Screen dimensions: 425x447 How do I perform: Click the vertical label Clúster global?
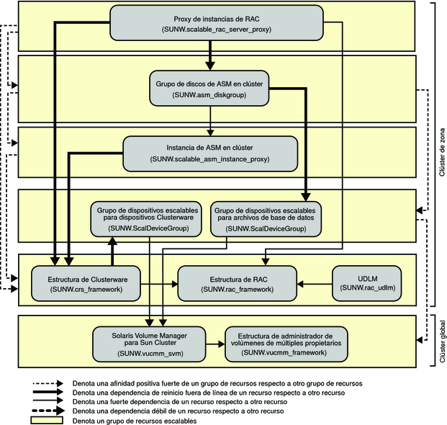(x=440, y=339)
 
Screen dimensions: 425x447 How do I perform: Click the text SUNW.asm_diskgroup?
(x=209, y=95)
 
